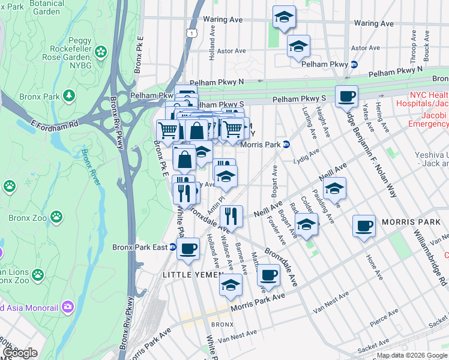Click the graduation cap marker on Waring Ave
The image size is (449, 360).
point(285,17)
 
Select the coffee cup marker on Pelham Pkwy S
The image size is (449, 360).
point(346,97)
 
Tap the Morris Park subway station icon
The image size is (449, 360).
point(286,144)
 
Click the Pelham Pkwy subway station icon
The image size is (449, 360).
point(354,64)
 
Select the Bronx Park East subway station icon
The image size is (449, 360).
point(172,247)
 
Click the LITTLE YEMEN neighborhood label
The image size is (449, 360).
point(188,274)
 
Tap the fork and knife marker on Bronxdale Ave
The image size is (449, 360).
point(231,216)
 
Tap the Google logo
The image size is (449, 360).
point(19,353)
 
